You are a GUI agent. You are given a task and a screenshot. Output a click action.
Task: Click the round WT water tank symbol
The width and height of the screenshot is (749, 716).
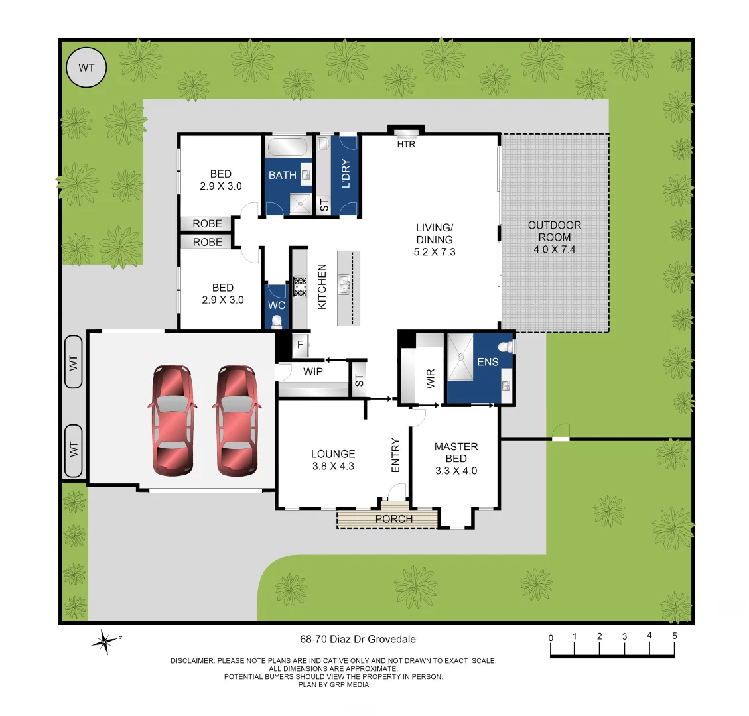(x=86, y=68)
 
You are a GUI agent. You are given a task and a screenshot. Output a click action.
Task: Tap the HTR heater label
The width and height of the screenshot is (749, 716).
(x=405, y=144)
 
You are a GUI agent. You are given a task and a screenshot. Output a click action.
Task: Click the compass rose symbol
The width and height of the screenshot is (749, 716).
(x=105, y=641)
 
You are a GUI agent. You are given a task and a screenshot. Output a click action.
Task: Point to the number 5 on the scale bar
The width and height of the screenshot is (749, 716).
(x=674, y=636)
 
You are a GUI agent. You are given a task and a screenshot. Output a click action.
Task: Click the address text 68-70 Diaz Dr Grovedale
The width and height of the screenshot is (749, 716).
(x=358, y=639)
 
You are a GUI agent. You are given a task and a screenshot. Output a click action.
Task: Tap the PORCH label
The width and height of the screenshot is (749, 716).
(x=393, y=519)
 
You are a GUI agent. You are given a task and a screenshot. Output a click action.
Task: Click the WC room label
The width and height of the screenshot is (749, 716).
(x=276, y=305)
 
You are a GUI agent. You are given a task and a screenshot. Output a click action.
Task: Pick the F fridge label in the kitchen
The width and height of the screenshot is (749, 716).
(x=300, y=345)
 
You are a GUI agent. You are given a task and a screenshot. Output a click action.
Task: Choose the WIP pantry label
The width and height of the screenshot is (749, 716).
(x=312, y=371)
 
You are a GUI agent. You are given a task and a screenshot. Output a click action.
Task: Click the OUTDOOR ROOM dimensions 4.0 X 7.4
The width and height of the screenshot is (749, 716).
(x=554, y=250)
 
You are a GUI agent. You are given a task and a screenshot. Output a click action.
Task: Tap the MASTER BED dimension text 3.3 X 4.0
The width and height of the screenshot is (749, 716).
(x=456, y=471)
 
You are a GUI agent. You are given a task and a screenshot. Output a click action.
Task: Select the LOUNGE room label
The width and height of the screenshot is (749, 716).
(x=333, y=454)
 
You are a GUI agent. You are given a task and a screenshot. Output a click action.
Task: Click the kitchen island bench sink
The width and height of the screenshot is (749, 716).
(x=344, y=286)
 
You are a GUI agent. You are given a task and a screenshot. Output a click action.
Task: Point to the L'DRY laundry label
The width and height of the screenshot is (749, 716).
(x=345, y=174)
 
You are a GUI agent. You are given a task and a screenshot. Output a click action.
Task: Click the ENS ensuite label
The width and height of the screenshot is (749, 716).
(x=488, y=362)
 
